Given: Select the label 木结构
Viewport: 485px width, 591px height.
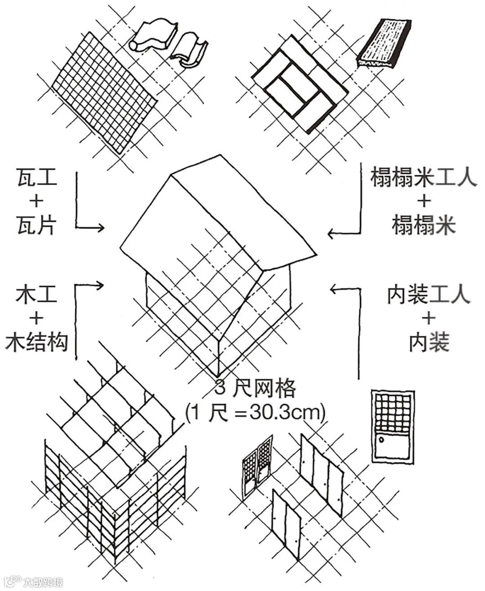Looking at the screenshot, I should [x=37, y=342].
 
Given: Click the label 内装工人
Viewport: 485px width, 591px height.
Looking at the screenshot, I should [x=428, y=295].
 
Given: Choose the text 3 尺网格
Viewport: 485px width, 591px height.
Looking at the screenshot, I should [x=255, y=388].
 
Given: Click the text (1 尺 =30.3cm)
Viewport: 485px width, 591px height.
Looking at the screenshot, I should [x=255, y=412].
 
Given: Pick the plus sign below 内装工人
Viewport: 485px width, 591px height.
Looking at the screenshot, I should [x=428, y=319].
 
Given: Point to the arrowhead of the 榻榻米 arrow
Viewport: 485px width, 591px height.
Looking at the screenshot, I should [x=331, y=233].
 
